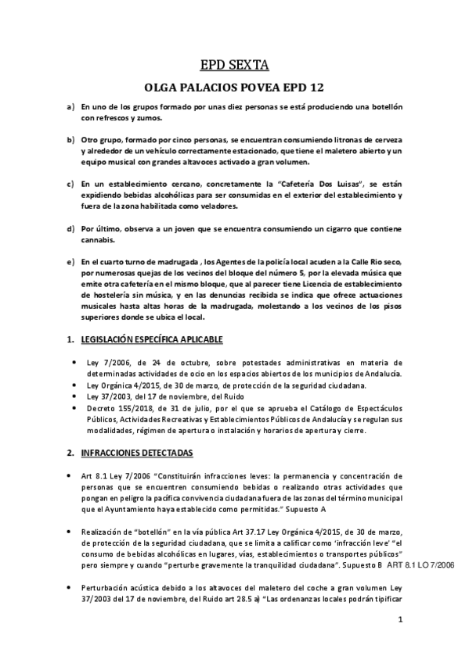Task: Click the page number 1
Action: coord(400,621)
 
